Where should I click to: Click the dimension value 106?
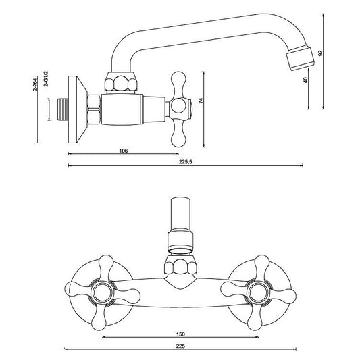pos(124,151)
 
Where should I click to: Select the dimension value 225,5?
pos(185,162)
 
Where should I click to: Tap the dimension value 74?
pos(201,101)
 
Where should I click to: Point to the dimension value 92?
pos(321,53)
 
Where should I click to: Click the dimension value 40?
pos(305,80)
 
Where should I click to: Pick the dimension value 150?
pos(181,334)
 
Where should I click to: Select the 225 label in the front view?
pos(181,346)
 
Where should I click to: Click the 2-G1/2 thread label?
pos(46,79)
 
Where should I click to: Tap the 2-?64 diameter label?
pos(35,85)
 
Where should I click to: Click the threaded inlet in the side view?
pos(63,109)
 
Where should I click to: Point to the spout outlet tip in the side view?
pos(301,58)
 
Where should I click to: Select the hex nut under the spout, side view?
pos(121,82)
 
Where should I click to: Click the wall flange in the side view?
pos(78,109)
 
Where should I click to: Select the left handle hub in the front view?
pos(103,292)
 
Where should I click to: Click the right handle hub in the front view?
pos(257,292)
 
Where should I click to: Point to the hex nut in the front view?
pos(181,266)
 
